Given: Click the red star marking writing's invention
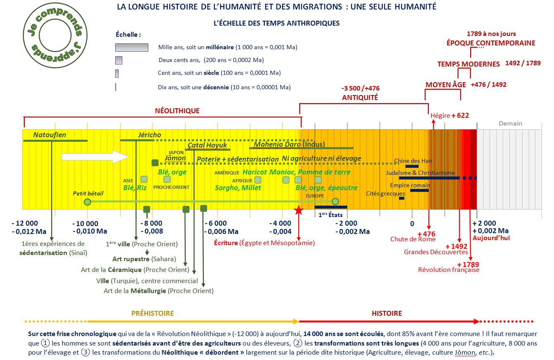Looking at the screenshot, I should tap(298, 210).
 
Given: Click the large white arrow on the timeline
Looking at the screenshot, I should tap(95, 157).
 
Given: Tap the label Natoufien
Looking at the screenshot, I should tap(50, 135).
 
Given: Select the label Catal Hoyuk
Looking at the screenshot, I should tap(207, 145).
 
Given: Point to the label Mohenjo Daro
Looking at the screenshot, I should tap(277, 144).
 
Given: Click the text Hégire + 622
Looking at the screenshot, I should tap(449, 116).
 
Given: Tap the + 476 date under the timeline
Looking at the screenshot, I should tap(426, 234).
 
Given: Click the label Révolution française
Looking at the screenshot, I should tap(449, 270).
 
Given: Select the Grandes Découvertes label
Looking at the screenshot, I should tap(436, 252).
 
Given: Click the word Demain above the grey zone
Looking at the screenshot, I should tap(510, 124).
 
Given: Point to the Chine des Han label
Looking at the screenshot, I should tap(411, 161).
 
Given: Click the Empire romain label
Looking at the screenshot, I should tap(410, 186).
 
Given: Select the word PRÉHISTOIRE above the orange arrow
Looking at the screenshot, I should tap(152, 313).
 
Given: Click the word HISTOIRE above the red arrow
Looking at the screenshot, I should tap(387, 313).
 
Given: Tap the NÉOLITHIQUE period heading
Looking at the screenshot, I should tap(177, 111).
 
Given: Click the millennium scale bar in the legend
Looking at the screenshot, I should tap(131, 47).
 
